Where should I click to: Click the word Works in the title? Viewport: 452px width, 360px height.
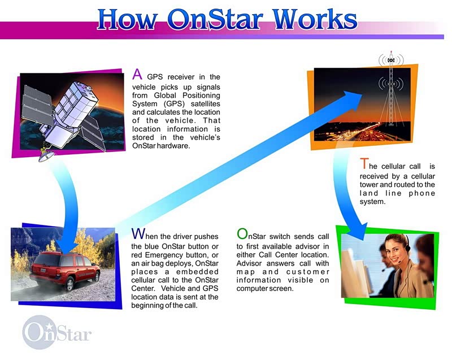pos(315,19)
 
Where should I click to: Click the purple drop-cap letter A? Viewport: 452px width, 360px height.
pos(137,75)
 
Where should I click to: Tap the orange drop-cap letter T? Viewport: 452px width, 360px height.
pos(364,164)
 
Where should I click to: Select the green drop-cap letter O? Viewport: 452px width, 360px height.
pos(242,234)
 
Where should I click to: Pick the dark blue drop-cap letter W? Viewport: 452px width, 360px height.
pos(138,234)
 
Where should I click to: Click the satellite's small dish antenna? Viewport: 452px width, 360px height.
pos(46,156)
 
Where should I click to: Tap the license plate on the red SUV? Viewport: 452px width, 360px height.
pos(44,270)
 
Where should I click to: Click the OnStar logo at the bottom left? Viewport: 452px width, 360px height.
pos(57,332)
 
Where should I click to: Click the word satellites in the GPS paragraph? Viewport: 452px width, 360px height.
pos(205,104)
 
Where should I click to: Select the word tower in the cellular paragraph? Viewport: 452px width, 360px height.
pos(369,184)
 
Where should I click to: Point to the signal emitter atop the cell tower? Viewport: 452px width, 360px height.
pos(391,60)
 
